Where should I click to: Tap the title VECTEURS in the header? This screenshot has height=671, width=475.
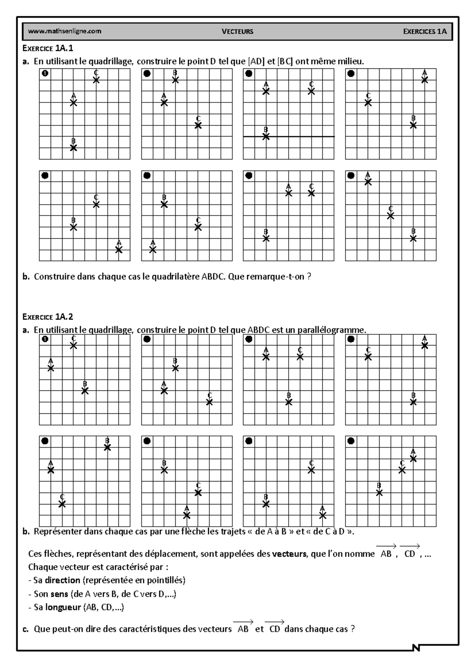(x=237, y=32)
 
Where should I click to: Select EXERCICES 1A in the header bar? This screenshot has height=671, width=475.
(x=425, y=32)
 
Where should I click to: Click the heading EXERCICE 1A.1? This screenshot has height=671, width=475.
(x=48, y=49)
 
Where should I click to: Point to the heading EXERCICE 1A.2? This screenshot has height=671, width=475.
(x=48, y=317)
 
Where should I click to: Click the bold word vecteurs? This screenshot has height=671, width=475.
(x=289, y=554)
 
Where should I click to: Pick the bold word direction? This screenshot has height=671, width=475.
(x=63, y=580)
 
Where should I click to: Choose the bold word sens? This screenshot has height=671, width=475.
(x=59, y=594)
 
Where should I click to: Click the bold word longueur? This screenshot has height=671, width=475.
(x=63, y=607)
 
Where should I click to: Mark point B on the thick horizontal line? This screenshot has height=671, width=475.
(x=266, y=136)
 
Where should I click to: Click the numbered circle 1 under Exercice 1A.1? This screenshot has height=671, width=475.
(x=45, y=74)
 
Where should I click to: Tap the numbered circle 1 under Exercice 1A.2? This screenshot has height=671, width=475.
(x=45, y=339)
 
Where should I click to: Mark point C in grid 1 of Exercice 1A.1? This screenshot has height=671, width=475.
(x=96, y=80)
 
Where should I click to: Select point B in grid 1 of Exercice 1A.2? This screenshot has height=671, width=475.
(x=85, y=391)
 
